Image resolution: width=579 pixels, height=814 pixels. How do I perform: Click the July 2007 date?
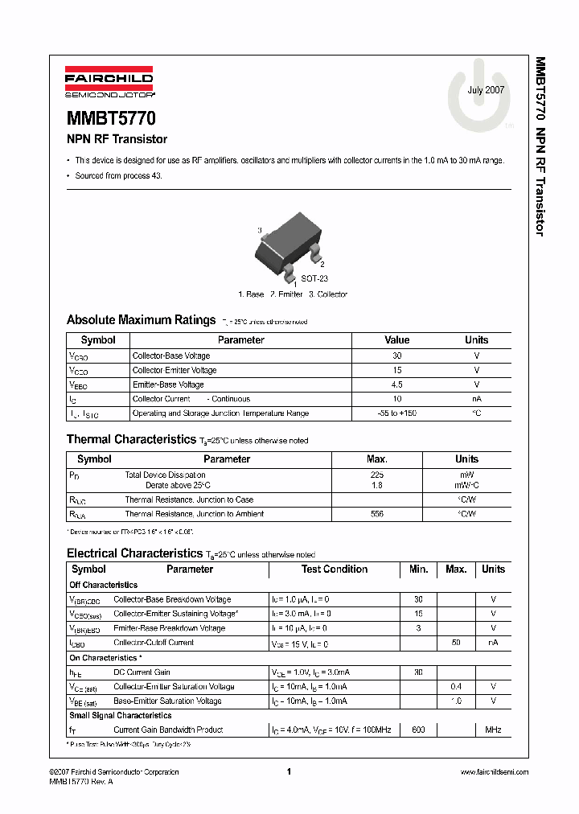click(486, 90)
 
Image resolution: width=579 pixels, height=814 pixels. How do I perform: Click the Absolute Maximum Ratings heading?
click(141, 319)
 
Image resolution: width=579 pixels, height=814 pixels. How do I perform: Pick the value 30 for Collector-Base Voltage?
click(396, 356)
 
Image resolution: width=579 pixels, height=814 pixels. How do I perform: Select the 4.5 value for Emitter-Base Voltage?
click(396, 384)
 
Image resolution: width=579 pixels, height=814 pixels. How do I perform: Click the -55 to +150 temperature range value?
click(396, 413)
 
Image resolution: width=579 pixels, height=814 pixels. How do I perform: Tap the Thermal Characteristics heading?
click(131, 439)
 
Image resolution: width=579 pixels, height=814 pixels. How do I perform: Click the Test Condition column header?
click(334, 569)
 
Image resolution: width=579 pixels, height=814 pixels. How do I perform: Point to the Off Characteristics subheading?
click(104, 585)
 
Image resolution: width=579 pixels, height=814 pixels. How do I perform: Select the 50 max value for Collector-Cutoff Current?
click(455, 643)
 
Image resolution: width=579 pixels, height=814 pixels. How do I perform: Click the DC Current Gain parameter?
click(142, 672)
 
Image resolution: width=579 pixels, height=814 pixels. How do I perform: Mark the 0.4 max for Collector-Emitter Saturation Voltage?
click(455, 687)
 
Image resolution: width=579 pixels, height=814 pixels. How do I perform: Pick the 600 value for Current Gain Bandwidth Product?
click(418, 730)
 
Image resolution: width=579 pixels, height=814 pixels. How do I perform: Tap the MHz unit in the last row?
click(493, 730)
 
